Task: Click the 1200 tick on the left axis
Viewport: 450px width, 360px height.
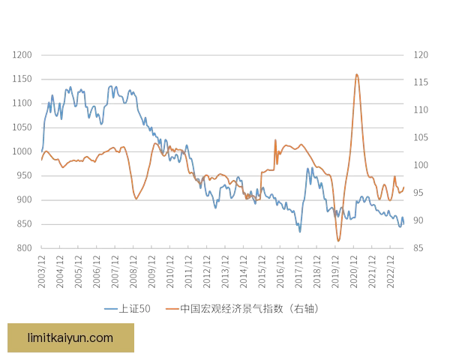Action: [23, 55]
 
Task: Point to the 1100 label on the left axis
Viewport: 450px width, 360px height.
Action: [23, 103]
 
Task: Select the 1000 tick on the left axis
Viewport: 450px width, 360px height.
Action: [23, 151]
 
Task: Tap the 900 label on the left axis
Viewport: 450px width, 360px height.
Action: [23, 199]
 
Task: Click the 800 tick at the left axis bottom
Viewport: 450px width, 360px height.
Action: [23, 246]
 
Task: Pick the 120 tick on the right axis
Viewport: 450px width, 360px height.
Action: [421, 55]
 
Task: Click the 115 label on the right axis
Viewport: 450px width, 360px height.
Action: [421, 82]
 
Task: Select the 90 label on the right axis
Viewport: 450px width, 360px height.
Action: [421, 220]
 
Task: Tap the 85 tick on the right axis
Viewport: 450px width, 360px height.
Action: [421, 246]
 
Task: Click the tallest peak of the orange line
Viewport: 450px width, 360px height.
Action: [356, 73]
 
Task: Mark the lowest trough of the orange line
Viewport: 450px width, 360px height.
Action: [338, 241]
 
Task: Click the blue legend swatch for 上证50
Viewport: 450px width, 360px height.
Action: [112, 309]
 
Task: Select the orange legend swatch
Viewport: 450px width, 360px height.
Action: [171, 309]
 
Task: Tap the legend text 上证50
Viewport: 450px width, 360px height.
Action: [135, 309]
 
